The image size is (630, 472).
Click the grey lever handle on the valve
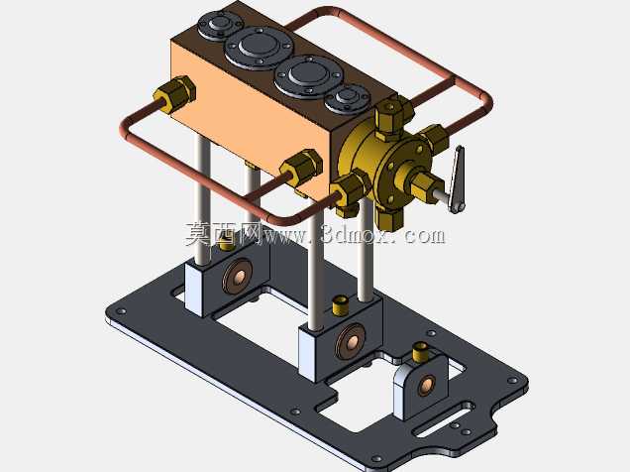458,178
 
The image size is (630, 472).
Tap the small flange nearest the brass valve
348,98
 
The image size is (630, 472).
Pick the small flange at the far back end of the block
220,25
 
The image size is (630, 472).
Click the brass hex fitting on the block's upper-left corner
175,93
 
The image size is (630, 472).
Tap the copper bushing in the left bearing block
238,277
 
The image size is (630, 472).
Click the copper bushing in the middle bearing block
352,341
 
